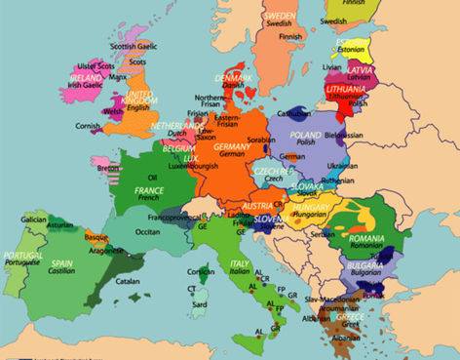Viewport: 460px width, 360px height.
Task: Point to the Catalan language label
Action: point(127,281)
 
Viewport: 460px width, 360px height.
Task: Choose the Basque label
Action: point(96,237)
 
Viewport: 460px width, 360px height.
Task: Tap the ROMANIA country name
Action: point(369,237)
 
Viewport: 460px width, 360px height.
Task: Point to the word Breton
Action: point(107,168)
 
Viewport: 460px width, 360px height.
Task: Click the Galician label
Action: point(30,220)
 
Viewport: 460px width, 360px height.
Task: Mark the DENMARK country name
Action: point(234,76)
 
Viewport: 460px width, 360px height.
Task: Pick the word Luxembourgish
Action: point(194,166)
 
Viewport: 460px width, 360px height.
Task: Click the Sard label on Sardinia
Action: point(198,302)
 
